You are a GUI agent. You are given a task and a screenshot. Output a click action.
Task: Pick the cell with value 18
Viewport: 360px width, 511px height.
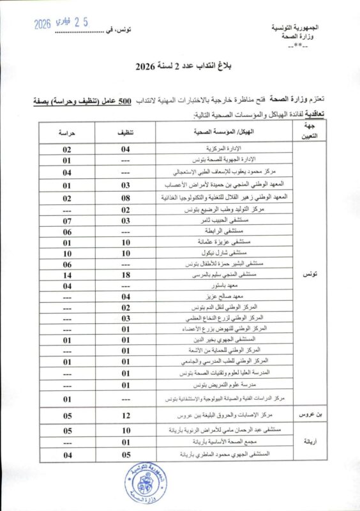click(126, 275)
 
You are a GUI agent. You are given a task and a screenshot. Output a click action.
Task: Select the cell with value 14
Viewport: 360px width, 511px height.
click(66, 275)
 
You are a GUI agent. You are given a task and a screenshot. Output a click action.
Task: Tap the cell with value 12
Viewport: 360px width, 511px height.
click(126, 416)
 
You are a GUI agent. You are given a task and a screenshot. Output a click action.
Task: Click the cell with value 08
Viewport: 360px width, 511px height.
click(126, 197)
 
